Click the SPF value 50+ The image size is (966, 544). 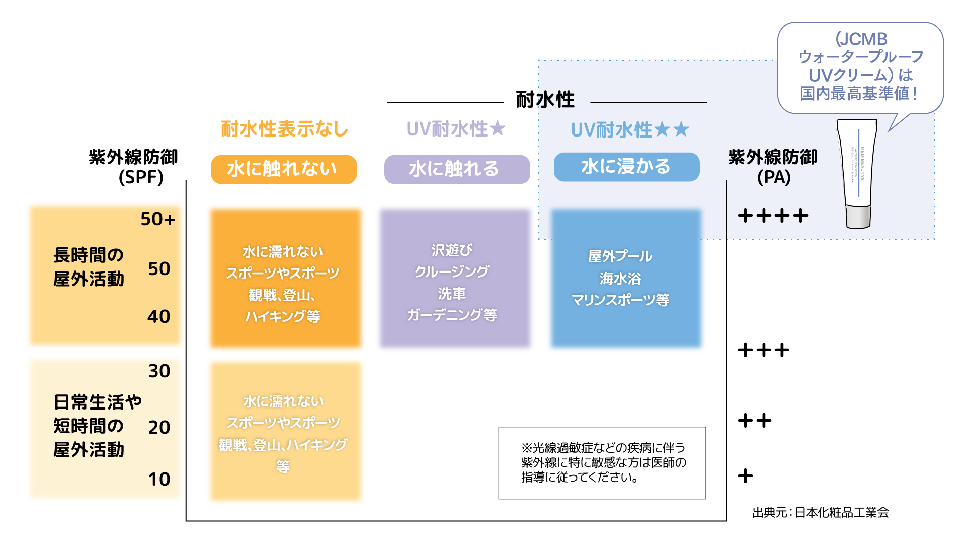157,219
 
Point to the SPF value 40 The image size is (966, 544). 158,316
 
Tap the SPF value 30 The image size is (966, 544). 159,371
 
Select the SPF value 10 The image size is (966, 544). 159,479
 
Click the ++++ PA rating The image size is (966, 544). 773,216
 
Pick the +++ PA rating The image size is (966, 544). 764,350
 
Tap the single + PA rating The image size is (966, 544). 745,475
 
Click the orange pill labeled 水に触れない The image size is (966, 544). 284,169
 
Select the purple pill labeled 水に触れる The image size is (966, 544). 457,169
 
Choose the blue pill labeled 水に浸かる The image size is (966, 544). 626,167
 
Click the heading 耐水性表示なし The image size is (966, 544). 285,129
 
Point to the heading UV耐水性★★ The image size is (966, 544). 629,130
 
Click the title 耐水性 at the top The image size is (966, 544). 545,100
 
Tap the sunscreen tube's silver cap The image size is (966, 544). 858,217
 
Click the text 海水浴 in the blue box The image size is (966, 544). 620,278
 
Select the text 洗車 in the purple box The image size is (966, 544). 452,293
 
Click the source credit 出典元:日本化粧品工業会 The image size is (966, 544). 820,513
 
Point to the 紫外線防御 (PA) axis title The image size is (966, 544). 773,167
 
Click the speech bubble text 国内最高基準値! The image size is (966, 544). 859,93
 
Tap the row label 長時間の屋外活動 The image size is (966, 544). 89,267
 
